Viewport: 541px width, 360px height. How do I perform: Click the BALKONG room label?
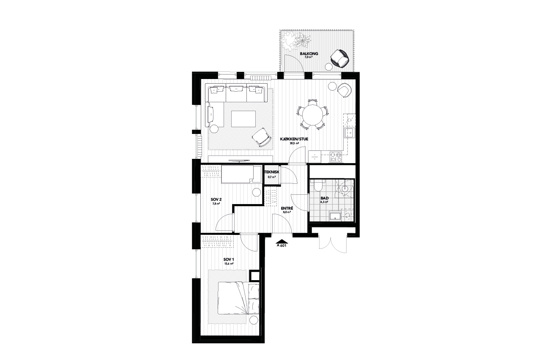coord(309,54)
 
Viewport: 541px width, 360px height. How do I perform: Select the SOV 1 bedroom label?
coord(229,259)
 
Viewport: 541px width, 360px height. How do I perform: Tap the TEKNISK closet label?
coord(272,172)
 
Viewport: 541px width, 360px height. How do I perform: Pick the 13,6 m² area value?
coord(229,264)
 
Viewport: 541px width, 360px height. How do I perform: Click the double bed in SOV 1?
coord(239,298)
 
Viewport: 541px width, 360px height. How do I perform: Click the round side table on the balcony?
coord(328,66)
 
